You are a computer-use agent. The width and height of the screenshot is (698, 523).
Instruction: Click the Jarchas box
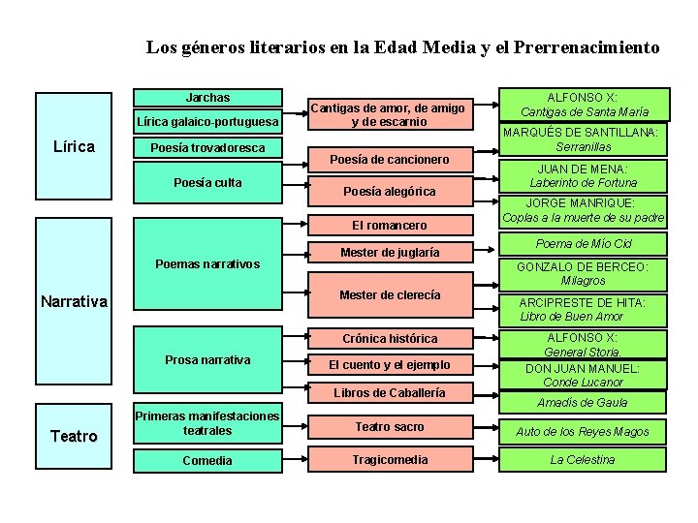tap(207, 98)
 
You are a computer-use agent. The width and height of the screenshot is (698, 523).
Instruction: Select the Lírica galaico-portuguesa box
tap(207, 122)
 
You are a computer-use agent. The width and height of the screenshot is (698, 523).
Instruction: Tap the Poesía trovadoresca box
tap(207, 148)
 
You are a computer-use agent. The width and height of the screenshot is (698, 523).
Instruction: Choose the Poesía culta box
tap(207, 183)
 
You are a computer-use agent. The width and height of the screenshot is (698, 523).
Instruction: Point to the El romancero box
tap(389, 226)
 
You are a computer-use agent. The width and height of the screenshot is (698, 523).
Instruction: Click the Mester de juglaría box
tap(389, 253)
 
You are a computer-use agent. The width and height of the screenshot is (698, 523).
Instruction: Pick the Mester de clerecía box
tap(389, 295)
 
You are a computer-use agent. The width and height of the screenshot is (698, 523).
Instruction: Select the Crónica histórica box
tap(389, 339)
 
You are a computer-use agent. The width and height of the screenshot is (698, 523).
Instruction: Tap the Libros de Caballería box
tap(389, 393)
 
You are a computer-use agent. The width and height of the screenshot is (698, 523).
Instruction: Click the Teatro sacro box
tap(389, 427)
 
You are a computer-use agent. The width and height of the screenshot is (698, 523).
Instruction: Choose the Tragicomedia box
tap(389, 460)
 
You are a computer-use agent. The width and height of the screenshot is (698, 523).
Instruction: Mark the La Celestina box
tap(582, 460)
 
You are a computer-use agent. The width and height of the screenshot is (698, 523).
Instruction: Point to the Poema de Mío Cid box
tap(583, 244)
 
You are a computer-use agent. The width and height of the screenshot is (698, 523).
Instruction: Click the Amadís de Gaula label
tap(582, 402)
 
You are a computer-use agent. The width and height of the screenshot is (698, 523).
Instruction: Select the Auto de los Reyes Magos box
tap(582, 432)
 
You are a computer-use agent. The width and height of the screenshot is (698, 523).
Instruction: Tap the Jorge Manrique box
tap(582, 210)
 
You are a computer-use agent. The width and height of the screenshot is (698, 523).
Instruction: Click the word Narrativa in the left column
tap(74, 301)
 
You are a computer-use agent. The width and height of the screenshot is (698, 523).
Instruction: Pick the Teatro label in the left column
tap(74, 436)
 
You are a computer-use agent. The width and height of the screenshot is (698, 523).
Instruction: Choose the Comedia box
tap(207, 461)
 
